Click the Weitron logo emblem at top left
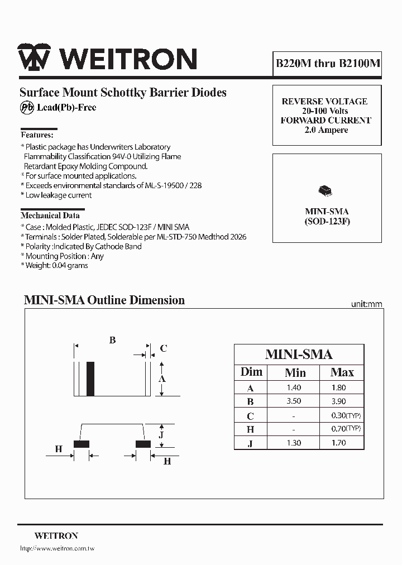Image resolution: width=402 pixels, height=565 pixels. (x=33, y=57)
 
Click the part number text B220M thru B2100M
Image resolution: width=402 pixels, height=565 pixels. (x=328, y=63)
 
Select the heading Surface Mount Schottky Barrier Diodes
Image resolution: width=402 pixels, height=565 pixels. (x=123, y=93)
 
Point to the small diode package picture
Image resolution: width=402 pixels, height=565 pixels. (x=324, y=191)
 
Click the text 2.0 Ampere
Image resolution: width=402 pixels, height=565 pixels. (x=326, y=130)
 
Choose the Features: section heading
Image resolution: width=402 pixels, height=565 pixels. (x=37, y=135)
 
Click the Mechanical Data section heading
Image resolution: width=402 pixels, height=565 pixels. (x=50, y=216)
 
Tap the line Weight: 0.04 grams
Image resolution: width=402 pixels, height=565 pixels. (x=56, y=266)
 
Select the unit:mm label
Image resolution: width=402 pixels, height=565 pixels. (x=366, y=304)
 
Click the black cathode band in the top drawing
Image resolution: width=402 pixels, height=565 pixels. (x=90, y=379)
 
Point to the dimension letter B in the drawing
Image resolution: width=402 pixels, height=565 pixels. (x=112, y=340)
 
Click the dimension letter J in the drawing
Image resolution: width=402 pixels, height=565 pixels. (x=161, y=435)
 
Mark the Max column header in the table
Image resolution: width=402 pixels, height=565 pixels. (x=342, y=372)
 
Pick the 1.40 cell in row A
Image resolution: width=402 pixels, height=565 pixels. (x=293, y=387)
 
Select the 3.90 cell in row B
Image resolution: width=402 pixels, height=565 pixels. (x=338, y=401)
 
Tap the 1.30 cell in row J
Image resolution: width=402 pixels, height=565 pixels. (x=293, y=443)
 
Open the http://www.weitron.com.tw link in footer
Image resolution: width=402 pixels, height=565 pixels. (x=57, y=549)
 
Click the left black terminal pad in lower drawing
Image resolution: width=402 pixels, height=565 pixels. (x=82, y=444)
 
